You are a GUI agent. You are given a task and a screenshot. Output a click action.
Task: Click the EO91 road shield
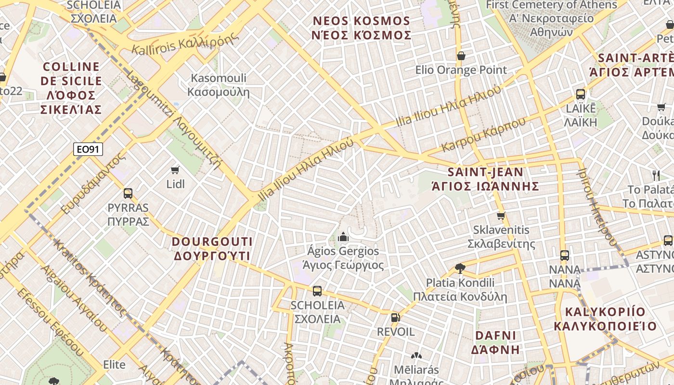[x=89, y=149]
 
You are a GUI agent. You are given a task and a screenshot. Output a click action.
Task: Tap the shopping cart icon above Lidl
[x=175, y=170]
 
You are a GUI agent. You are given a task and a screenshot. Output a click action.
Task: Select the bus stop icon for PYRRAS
[x=128, y=193]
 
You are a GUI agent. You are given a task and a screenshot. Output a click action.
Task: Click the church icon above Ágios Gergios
[x=343, y=236]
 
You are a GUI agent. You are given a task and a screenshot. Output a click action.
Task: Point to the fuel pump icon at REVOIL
[x=395, y=317]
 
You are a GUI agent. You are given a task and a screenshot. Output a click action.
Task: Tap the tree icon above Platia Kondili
[x=460, y=268]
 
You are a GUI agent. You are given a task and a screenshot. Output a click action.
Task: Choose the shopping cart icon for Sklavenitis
[x=501, y=216]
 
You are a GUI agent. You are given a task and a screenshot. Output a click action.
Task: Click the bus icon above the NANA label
[x=565, y=255]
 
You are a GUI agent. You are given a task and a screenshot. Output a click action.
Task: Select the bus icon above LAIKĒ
[x=581, y=94]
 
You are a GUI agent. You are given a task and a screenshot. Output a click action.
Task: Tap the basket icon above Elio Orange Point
[x=461, y=56]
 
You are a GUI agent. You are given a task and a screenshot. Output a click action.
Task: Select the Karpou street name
[x=483, y=134]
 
